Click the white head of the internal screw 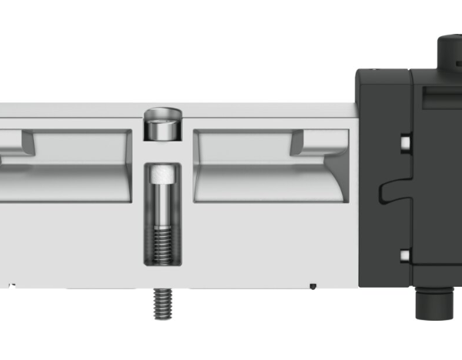click(x=162, y=174)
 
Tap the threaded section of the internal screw click(x=162, y=245)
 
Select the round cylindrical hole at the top click(x=162, y=125)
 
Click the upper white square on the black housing click(x=403, y=142)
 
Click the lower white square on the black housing click(x=403, y=255)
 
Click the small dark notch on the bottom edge click(x=313, y=287)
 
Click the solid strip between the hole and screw click(x=162, y=152)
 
